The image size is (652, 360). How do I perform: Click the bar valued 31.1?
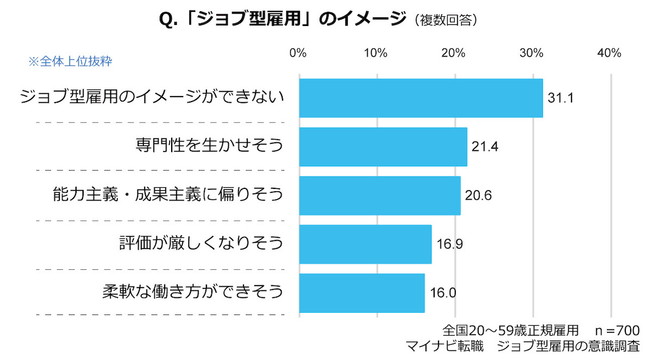(x=421, y=98)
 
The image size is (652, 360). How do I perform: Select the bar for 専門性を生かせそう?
(x=383, y=147)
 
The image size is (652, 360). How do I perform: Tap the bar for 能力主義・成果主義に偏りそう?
(x=380, y=195)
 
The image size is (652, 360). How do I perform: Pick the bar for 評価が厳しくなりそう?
(x=365, y=244)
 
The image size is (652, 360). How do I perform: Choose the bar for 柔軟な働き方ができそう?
(x=362, y=293)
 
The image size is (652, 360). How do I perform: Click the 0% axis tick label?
(x=298, y=53)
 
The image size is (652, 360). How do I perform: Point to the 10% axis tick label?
(x=375, y=53)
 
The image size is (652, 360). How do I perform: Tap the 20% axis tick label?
(x=453, y=53)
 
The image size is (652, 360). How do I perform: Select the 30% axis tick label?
(x=531, y=53)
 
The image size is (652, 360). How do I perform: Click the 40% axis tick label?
(x=609, y=53)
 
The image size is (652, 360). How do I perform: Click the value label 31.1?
(x=561, y=98)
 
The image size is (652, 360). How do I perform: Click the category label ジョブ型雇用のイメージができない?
(x=152, y=97)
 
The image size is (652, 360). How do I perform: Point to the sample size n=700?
(x=617, y=330)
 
